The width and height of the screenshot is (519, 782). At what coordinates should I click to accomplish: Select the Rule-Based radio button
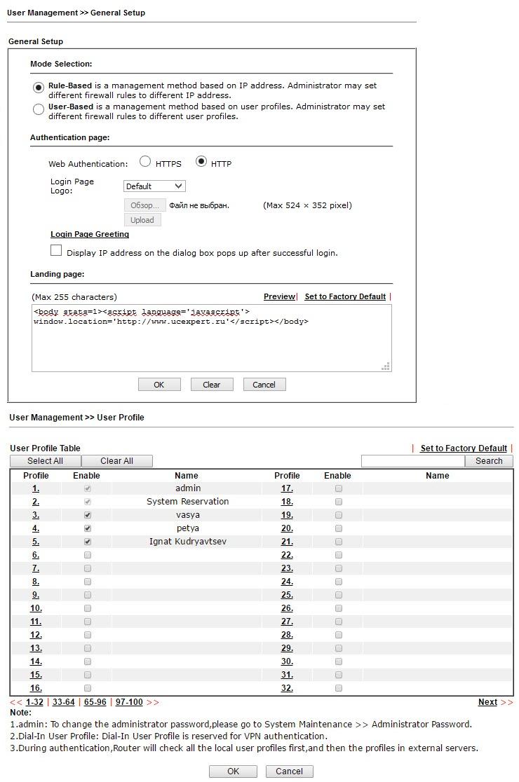point(39,88)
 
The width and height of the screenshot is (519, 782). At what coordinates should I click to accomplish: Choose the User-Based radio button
point(39,109)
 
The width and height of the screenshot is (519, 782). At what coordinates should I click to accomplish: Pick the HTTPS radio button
point(145,161)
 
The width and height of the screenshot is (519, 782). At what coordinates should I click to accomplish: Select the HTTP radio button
point(201,161)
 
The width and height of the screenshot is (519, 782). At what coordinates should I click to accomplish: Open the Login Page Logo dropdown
point(154,186)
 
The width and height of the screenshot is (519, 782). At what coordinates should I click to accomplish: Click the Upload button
point(142,220)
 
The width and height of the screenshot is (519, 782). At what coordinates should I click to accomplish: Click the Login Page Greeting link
point(90,235)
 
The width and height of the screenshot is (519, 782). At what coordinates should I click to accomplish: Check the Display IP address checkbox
point(56,251)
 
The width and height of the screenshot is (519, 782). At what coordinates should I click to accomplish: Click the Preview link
point(279,297)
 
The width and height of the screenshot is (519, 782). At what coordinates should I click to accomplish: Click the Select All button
point(45,461)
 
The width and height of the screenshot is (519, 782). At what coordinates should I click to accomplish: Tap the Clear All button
point(116,461)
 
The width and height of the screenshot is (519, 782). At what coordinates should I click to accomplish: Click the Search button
point(489,461)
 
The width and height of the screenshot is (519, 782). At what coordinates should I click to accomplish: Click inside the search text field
point(412,461)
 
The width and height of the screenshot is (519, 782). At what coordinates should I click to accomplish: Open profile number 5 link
point(36,542)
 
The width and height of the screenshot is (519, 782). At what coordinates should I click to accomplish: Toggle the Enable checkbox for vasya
point(88,515)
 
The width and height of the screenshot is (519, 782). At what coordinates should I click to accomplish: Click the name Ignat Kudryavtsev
point(187,542)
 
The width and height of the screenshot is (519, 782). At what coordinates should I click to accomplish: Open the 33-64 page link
point(63,702)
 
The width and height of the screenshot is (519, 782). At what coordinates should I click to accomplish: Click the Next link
point(487,702)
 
